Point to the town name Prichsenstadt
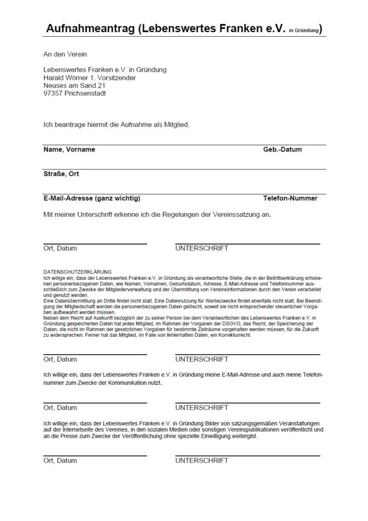pyautogui.click(x=87, y=93)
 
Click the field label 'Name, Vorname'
pyautogui.click(x=69, y=150)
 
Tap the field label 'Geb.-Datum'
pyautogui.click(x=282, y=150)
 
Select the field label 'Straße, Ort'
pyautogui.click(x=61, y=174)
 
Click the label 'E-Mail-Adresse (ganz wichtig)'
pyautogui.click(x=91, y=198)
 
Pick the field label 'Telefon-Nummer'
pyautogui.click(x=290, y=198)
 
